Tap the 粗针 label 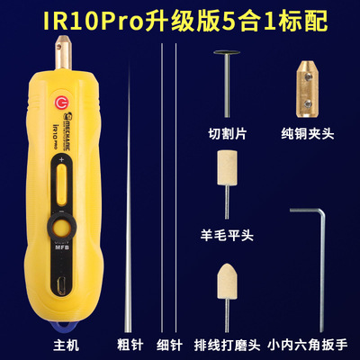click(x=131, y=344)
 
